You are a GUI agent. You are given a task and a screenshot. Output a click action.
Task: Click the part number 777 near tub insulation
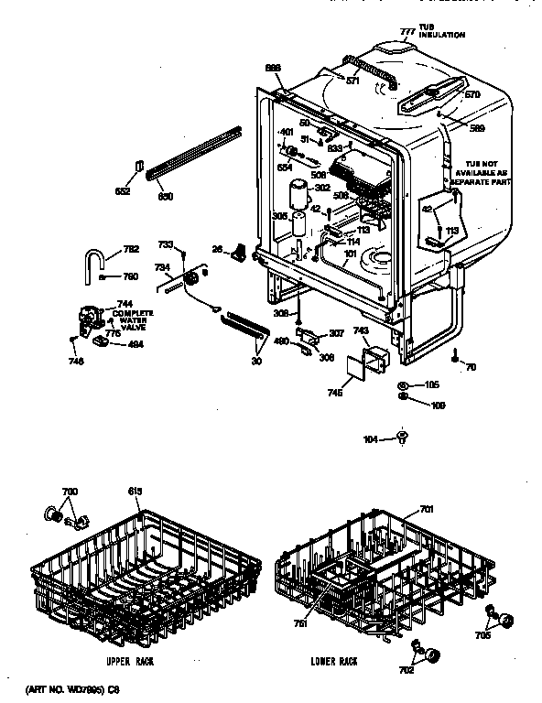tap(407, 32)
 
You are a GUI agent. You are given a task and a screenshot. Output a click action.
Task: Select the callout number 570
tap(472, 94)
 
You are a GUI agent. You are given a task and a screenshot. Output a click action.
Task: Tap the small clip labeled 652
tap(139, 167)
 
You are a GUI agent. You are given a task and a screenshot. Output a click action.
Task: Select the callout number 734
tap(161, 267)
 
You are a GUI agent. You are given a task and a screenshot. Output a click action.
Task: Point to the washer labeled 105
tap(404, 384)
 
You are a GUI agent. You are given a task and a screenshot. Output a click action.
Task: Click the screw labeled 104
tap(403, 440)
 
